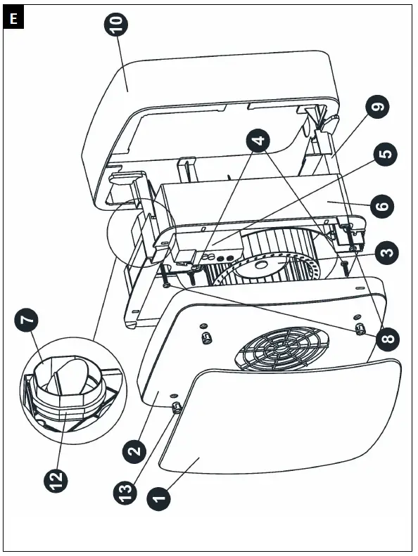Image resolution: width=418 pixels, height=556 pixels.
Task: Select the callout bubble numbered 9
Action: [x=378, y=108]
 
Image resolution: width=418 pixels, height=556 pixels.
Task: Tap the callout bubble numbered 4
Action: [x=260, y=141]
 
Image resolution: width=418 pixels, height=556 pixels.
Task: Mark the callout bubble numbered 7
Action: [x=26, y=321]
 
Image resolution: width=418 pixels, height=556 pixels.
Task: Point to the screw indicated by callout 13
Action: [x=175, y=406]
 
